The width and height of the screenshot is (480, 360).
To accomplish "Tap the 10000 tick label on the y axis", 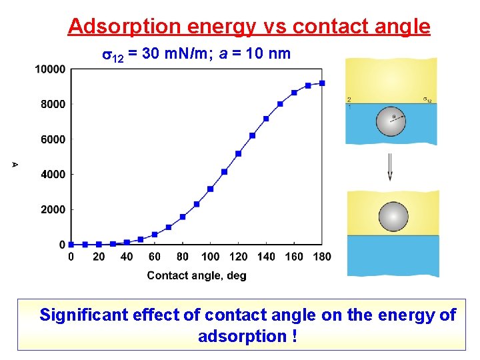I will coord(51,69).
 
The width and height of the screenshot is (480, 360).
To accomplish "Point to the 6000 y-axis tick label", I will coord(53,139).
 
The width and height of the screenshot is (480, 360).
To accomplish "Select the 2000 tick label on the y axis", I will coord(53,209).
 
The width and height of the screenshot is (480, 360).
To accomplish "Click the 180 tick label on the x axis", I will coord(322,257).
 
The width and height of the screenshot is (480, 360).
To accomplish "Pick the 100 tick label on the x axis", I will coord(211,257).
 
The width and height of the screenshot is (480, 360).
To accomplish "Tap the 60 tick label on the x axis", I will coord(155,257).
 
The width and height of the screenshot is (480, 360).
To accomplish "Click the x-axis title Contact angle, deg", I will coord(197,275).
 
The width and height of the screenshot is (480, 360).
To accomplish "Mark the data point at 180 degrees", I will coord(322,83).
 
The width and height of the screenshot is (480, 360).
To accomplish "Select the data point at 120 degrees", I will coord(238,153).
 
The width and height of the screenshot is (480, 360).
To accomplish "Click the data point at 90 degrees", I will coord(197,204).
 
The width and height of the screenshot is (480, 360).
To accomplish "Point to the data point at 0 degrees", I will coord(71,244).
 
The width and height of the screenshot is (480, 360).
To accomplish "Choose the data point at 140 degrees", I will coord(266,119).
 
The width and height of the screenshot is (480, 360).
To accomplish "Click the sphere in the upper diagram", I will coord(391,121).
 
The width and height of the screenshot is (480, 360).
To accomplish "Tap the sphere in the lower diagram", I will coord(393,217).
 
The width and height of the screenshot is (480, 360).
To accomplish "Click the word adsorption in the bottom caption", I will coord(242,336).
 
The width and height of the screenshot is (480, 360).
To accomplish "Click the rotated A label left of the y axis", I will coord(15,164).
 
